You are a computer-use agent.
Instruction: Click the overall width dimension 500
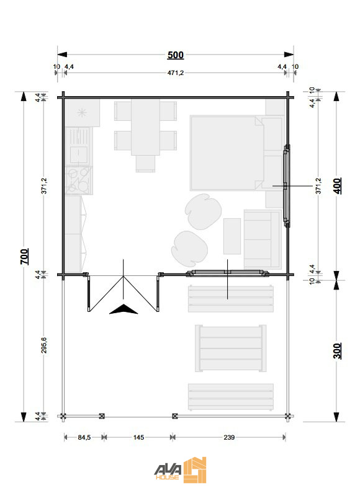(176, 55)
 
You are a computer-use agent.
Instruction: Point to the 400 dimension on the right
(337, 185)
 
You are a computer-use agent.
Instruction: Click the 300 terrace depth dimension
(337, 350)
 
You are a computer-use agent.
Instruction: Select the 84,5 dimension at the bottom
(83, 438)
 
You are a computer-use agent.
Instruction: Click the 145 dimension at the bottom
(138, 438)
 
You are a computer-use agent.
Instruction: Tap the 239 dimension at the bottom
(228, 438)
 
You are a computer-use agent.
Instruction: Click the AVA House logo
(180, 469)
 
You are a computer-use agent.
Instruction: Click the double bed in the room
(226, 152)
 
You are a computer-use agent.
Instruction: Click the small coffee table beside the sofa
(232, 236)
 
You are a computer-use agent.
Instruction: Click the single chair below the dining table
(145, 163)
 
